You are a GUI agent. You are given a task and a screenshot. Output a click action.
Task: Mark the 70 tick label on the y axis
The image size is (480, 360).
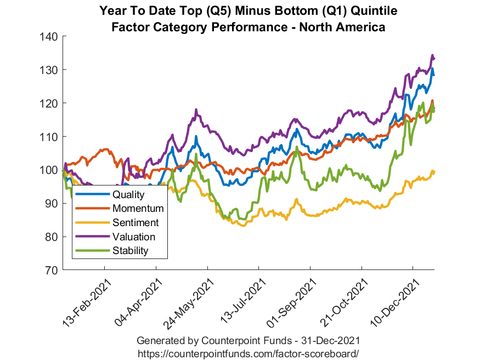[x=53, y=271]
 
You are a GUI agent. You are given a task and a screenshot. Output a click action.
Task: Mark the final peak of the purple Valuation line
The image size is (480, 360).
[x=432, y=55]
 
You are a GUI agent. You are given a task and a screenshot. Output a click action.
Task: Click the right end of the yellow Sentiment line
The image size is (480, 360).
[x=434, y=172]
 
